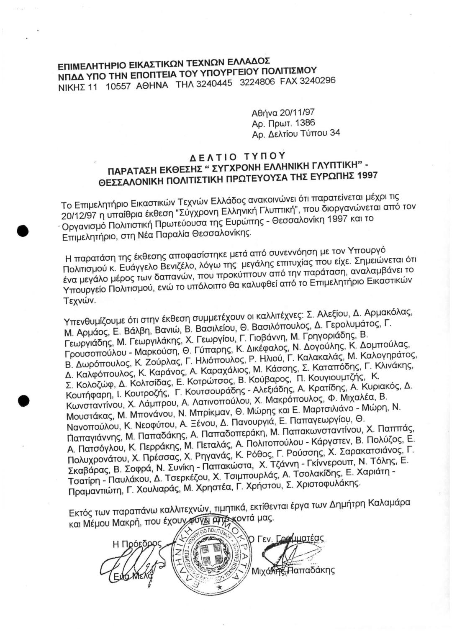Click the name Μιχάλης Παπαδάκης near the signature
pos(293,569)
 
